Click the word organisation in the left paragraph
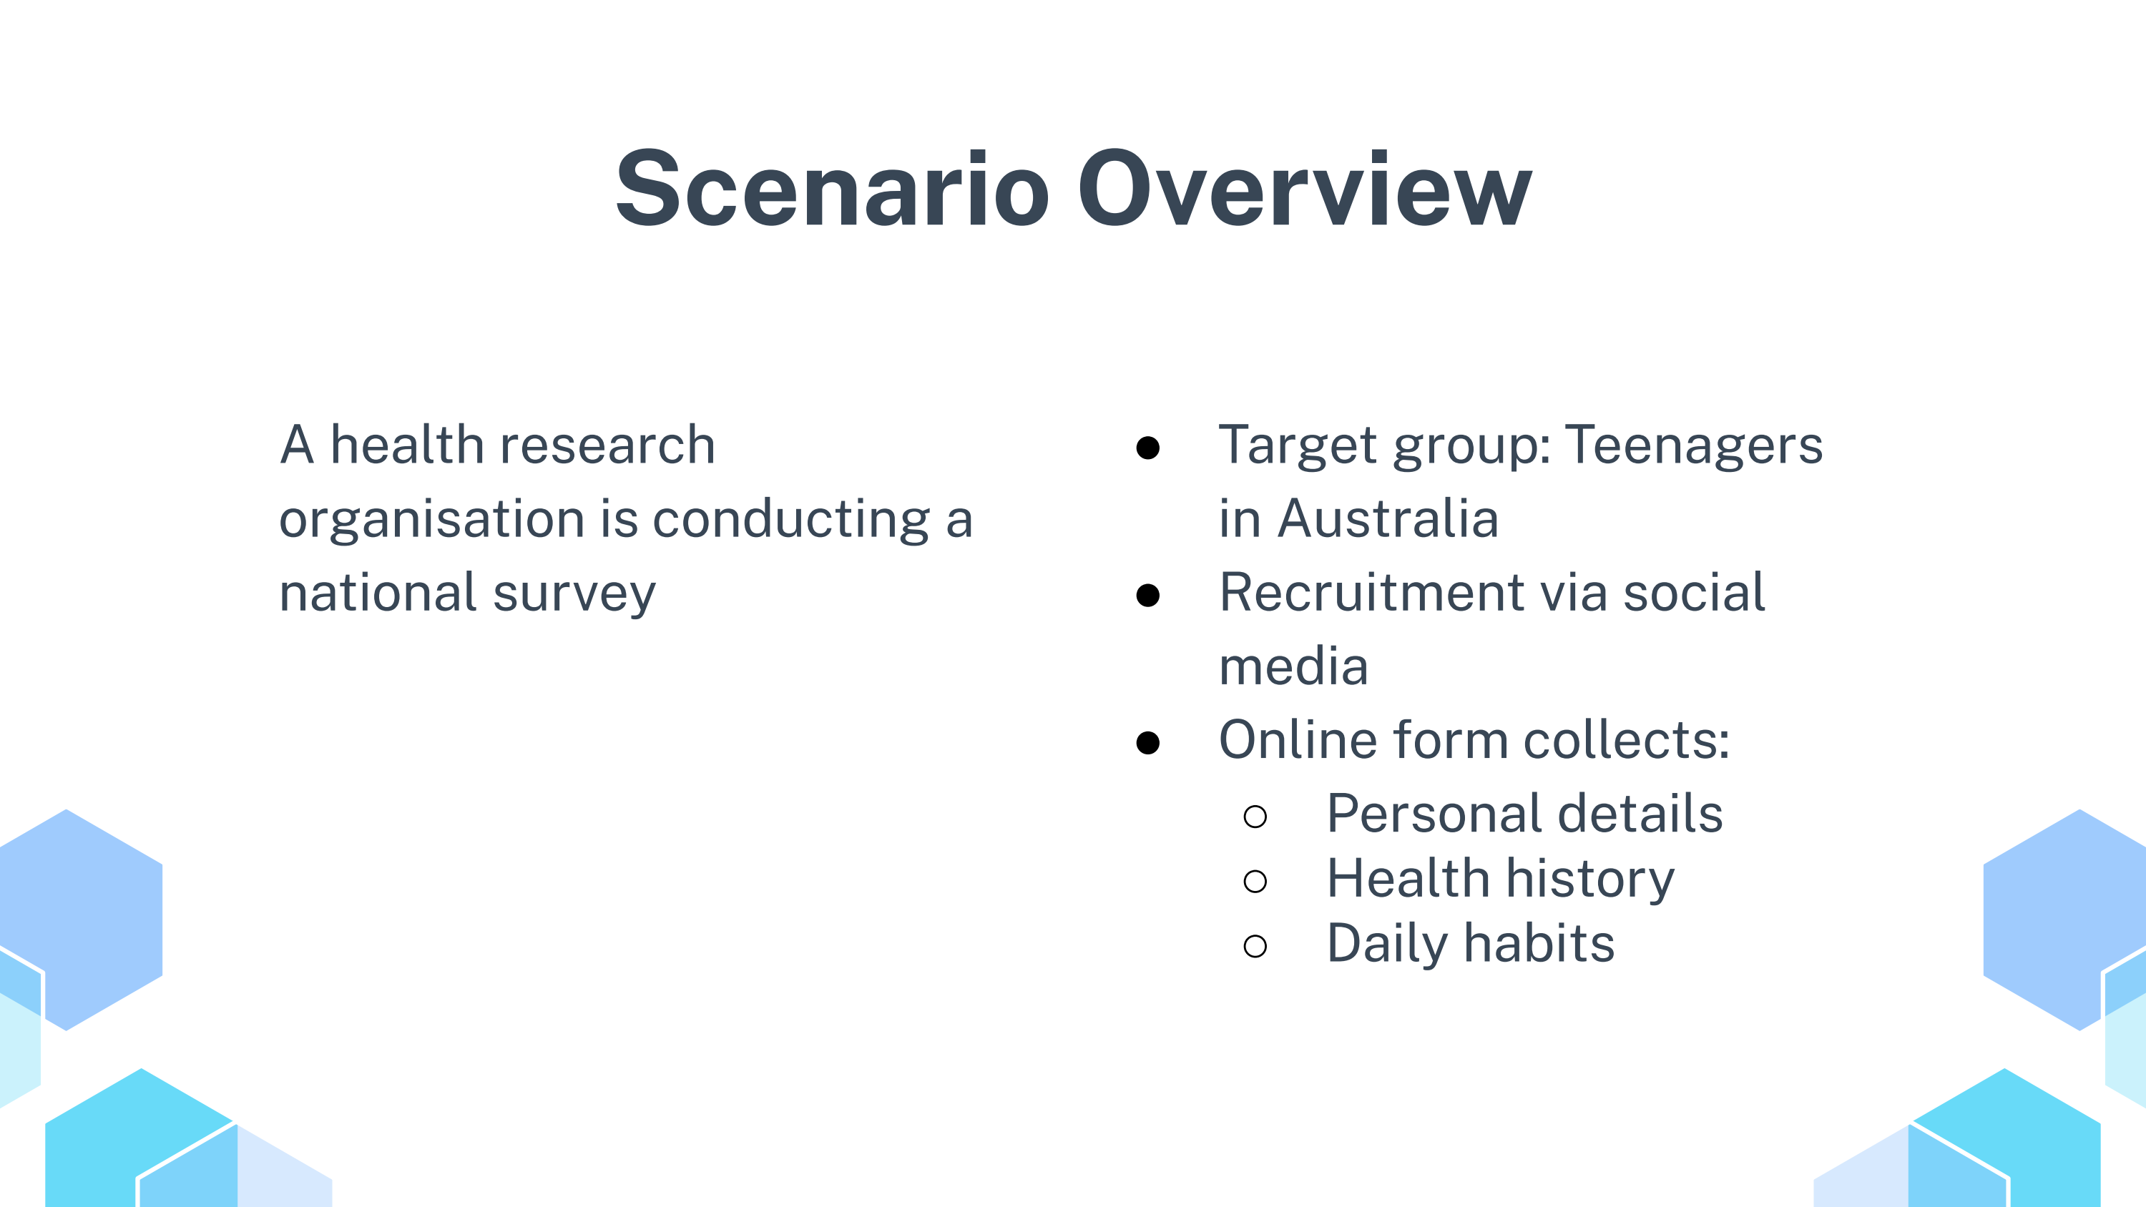tap(431, 520)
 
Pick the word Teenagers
tap(1695, 446)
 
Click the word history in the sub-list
tap(1590, 880)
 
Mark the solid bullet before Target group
tap(1148, 448)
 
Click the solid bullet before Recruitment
tap(1148, 595)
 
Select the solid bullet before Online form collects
tap(1148, 742)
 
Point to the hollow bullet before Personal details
tap(1255, 817)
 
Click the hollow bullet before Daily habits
tap(1255, 946)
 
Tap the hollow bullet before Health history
tap(1255, 882)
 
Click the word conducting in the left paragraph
tap(791, 520)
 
